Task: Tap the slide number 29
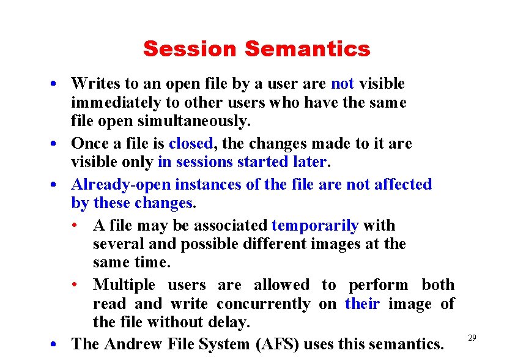coord(472,338)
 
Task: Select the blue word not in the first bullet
coord(342,83)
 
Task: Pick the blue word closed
coord(190,144)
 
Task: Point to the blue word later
coord(309,162)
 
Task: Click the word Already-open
coord(121,185)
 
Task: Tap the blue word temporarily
coord(314,226)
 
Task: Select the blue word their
coord(362,304)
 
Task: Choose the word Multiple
coord(124,285)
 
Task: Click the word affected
coord(403,185)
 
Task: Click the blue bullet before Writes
coord(54,83)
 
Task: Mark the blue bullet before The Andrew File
coord(54,344)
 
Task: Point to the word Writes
coord(92,83)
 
